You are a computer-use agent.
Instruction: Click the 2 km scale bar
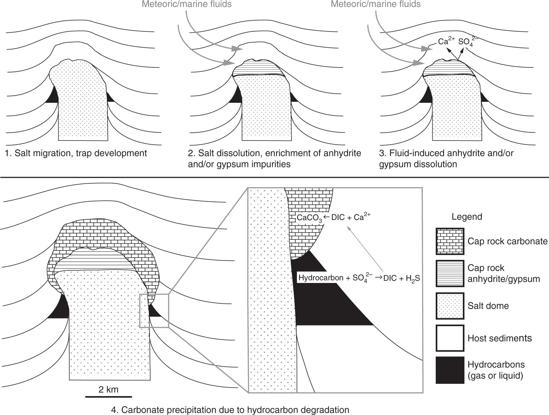coord(109,396)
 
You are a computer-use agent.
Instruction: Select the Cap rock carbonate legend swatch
coord(450,241)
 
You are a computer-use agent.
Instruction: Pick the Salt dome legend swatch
coord(450,306)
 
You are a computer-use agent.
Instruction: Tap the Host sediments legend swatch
coord(450,338)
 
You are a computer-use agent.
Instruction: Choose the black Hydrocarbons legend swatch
coord(450,370)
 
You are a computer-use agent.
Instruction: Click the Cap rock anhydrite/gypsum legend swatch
coord(450,273)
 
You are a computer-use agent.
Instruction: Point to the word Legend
coord(467,217)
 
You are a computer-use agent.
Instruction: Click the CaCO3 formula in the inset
coord(309,218)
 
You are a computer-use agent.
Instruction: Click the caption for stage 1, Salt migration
coord(76,153)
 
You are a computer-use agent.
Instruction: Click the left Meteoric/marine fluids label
coord(186,4)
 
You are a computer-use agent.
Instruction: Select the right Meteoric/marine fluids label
coord(375,4)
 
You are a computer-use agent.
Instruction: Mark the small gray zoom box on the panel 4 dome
coord(154,311)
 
